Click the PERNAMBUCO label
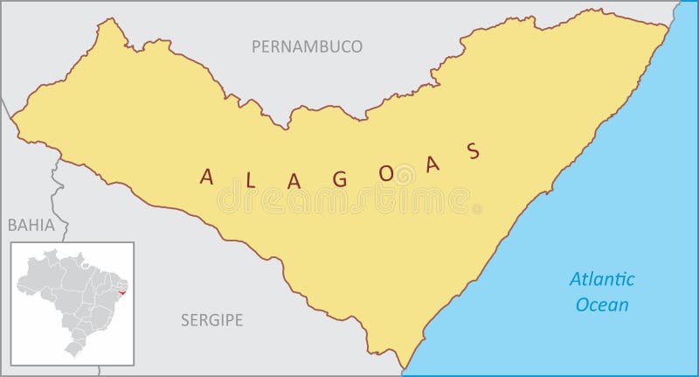306,46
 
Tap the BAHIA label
31,226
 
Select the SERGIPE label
211,319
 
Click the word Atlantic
602,280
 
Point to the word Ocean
602,305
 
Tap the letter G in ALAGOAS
340,177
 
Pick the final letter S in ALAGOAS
474,151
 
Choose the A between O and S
430,164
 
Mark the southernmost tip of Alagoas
405,368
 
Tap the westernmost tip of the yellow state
10,120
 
